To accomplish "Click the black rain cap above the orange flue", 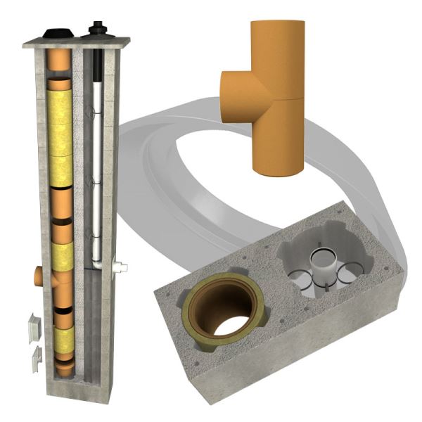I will (57, 34).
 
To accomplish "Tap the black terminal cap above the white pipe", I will (96, 31).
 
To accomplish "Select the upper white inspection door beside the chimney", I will (34, 327).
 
